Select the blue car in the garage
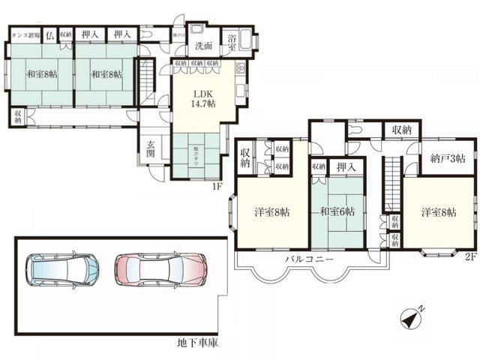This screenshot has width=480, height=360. (64, 268)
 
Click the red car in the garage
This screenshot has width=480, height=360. (160, 268)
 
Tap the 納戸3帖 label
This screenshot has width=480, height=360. (448, 158)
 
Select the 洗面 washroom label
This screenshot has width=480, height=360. (203, 46)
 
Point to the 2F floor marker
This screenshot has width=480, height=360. (469, 256)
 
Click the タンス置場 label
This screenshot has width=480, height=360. (25, 34)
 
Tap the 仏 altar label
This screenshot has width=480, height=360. (50, 34)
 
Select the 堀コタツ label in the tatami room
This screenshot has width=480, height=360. (197, 151)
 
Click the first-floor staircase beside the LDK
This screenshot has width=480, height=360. (147, 77)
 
